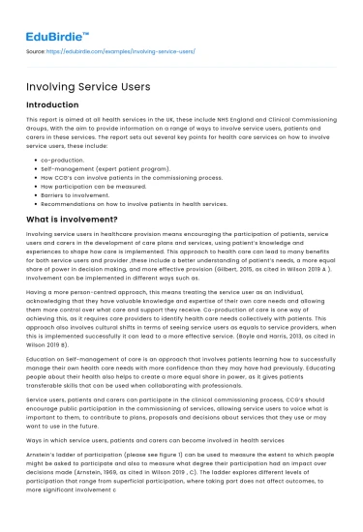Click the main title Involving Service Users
[87, 87]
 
